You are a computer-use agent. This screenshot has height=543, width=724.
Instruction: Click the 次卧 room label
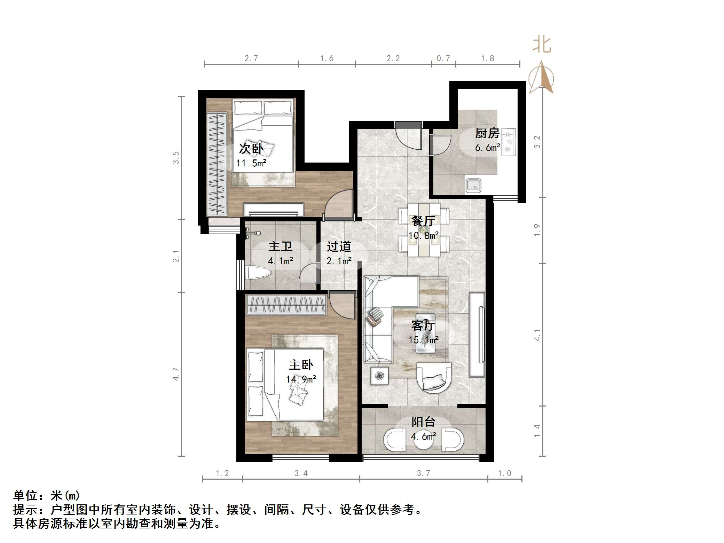click(251, 149)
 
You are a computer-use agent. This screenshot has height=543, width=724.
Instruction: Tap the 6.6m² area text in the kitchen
click(487, 148)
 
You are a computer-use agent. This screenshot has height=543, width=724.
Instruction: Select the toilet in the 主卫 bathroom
click(257, 273)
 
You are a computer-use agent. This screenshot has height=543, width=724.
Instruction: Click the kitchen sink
click(473, 186)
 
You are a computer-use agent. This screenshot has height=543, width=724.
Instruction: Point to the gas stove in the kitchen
click(509, 141)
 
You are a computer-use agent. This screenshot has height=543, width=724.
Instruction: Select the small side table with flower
click(379, 376)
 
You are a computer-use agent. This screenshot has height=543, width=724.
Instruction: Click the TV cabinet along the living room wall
click(477, 335)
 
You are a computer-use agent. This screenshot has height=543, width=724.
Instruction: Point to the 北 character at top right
click(542, 45)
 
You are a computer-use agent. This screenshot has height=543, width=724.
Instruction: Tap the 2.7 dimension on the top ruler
click(251, 58)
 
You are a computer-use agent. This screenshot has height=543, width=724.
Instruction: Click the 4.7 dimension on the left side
click(176, 374)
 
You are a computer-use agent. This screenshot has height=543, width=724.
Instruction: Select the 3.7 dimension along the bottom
click(423, 473)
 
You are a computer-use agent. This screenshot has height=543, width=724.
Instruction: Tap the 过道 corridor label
click(338, 247)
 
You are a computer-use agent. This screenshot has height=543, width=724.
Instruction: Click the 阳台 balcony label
click(423, 422)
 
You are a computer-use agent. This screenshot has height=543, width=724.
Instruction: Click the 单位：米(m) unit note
click(47, 495)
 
